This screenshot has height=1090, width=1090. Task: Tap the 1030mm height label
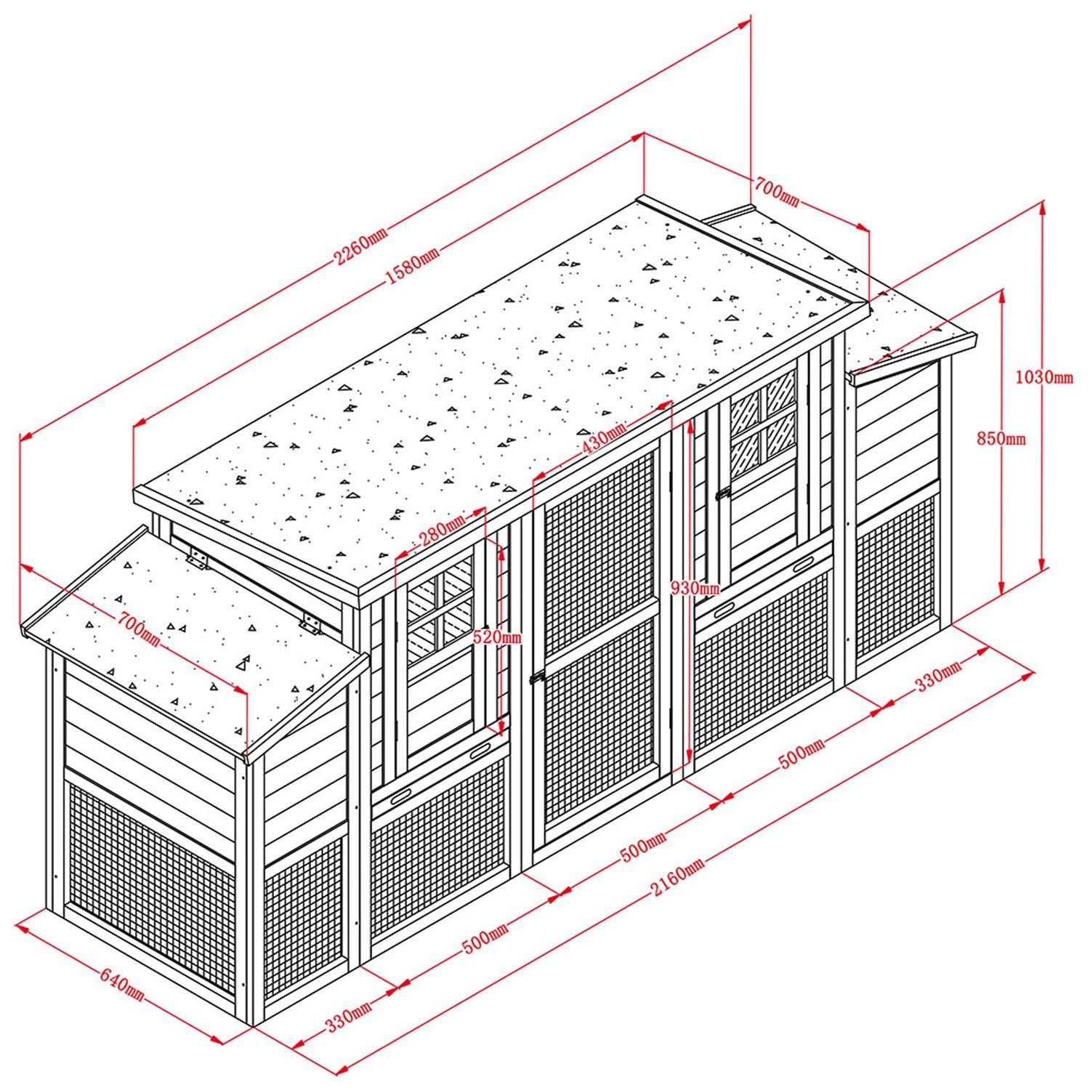pos(1044,377)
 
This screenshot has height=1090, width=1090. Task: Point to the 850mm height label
pos(1001,438)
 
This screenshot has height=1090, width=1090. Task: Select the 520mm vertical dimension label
pos(497,637)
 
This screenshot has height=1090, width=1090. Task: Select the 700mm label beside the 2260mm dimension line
pos(776,193)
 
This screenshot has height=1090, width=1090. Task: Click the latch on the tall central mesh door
pos(537,678)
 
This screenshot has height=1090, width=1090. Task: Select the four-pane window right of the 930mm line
pos(764,418)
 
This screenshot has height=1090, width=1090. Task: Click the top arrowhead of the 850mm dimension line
pos(1002,297)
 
